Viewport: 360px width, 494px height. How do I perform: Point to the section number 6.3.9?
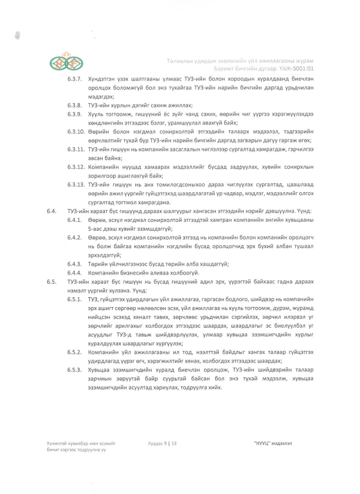[74, 114]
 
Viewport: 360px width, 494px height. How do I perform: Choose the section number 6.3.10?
[76, 132]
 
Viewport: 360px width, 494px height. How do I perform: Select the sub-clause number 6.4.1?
[74, 220]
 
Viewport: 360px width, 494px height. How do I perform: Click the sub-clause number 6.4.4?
[74, 273]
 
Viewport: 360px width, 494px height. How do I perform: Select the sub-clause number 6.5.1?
[74, 300]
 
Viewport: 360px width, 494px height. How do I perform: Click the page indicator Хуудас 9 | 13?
[162, 444]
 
